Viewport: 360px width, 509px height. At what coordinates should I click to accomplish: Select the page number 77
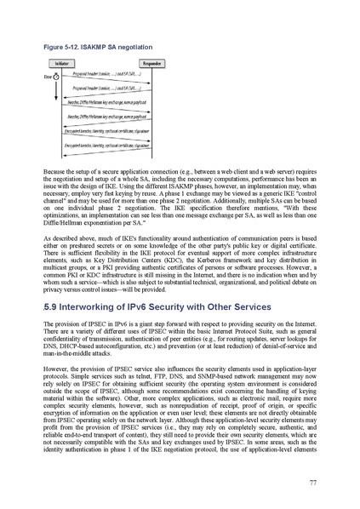point(313,483)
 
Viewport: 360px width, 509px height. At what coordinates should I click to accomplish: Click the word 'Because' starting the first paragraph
point(56,172)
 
